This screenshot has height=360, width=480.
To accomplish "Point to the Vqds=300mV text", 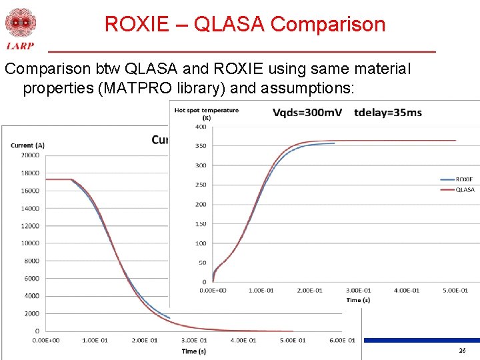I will click(x=307, y=112).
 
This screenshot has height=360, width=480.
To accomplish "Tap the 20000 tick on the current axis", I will click(x=29, y=155).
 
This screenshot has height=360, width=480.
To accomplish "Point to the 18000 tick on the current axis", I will click(x=29, y=173).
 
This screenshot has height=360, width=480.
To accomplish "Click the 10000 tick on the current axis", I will click(x=29, y=243).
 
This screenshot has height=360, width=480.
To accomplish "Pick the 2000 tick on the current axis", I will click(x=31, y=313).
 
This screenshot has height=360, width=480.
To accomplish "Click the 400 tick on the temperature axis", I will click(x=200, y=127).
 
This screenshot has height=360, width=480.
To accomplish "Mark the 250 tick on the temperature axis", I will click(x=200, y=185).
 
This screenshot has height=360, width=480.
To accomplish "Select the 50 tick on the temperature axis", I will click(x=202, y=263).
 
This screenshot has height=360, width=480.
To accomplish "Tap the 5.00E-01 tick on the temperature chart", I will click(x=455, y=290).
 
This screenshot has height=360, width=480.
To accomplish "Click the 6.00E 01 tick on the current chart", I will click(x=342, y=341).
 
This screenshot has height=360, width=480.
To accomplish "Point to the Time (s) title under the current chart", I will click(x=194, y=351).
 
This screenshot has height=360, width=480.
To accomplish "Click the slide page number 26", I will click(x=462, y=351).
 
